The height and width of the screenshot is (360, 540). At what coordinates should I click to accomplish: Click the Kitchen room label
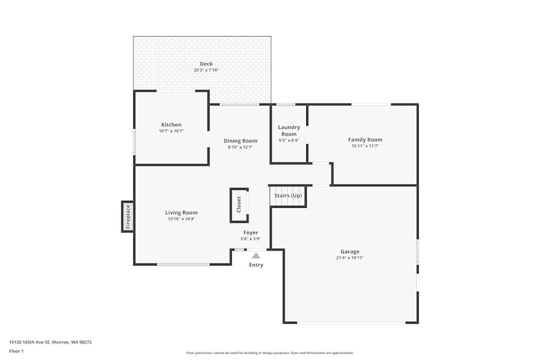[x=171, y=125]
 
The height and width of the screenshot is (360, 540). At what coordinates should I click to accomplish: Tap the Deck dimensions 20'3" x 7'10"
[x=206, y=70]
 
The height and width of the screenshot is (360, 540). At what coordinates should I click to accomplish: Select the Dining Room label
[x=240, y=141]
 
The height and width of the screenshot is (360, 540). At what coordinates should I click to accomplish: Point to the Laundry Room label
[x=289, y=131]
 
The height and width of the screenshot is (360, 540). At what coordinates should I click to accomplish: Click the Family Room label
[x=365, y=140]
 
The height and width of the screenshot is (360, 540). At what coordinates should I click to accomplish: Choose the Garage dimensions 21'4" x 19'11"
[x=350, y=258]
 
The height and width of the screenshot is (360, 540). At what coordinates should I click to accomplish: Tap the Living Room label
[x=181, y=213]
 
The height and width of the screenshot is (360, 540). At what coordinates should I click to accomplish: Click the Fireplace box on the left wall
[x=128, y=216]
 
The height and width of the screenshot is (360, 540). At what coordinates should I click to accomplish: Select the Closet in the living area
[x=239, y=205]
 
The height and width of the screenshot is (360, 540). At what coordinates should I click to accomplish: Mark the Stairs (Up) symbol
[x=288, y=196]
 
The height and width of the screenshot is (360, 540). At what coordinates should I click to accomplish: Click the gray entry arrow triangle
[x=256, y=255]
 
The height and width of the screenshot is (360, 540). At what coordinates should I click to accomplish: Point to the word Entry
[x=256, y=265]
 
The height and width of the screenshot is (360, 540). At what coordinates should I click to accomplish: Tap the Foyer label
[x=251, y=233]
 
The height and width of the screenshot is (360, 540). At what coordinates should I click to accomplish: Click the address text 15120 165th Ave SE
[x=50, y=342]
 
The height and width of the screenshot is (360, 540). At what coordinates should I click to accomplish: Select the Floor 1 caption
[x=16, y=351]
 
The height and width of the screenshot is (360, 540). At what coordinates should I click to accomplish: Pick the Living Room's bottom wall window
[x=183, y=264]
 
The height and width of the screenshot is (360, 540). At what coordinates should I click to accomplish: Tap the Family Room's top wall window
[x=371, y=104]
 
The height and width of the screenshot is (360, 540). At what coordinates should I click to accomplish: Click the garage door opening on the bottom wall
[x=351, y=323]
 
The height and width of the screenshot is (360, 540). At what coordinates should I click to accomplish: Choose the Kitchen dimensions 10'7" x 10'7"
[x=171, y=131]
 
